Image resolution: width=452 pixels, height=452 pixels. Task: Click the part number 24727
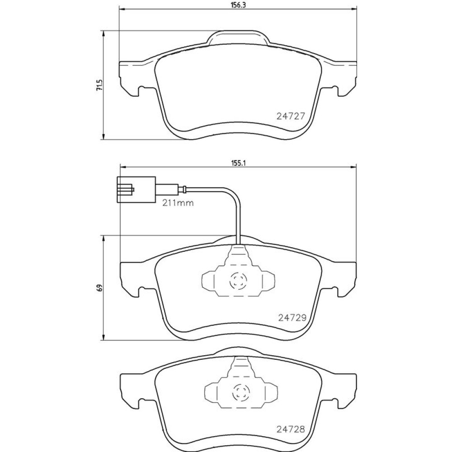click(291, 116)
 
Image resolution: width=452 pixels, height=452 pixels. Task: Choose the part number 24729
click(292, 318)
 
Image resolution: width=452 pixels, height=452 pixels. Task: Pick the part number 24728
click(291, 429)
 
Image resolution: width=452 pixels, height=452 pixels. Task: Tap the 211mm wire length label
click(178, 203)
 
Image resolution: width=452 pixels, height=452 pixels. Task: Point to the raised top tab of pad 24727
click(238, 38)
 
